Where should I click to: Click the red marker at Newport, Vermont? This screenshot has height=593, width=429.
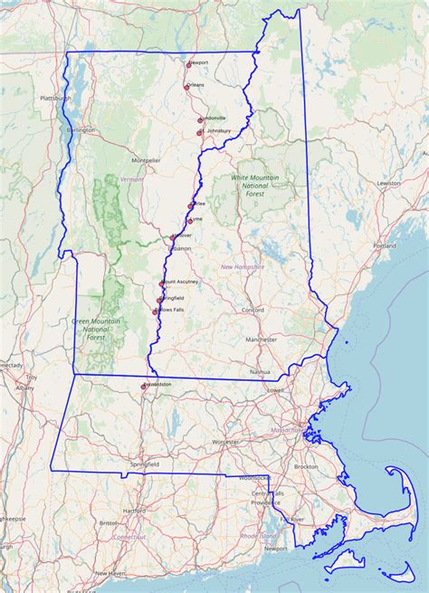(188, 63)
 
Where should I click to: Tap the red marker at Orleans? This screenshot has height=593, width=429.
(186, 87)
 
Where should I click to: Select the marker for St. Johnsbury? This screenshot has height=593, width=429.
(199, 132)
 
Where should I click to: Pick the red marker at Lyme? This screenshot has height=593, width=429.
(190, 220)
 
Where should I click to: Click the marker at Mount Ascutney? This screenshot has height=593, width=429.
(162, 283)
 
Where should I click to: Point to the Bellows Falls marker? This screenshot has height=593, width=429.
(156, 311)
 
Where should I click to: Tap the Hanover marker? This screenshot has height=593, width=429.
(173, 237)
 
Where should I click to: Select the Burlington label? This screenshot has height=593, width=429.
(81, 130)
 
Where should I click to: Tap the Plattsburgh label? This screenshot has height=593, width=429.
(55, 98)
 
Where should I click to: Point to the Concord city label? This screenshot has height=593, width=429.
(253, 311)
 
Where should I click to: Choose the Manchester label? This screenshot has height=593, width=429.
(261, 340)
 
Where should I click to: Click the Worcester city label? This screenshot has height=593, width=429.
(225, 442)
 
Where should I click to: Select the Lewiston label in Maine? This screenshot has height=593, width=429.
(389, 183)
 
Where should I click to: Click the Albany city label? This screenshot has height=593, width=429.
(24, 387)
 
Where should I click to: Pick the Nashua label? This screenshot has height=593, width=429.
(261, 371)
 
